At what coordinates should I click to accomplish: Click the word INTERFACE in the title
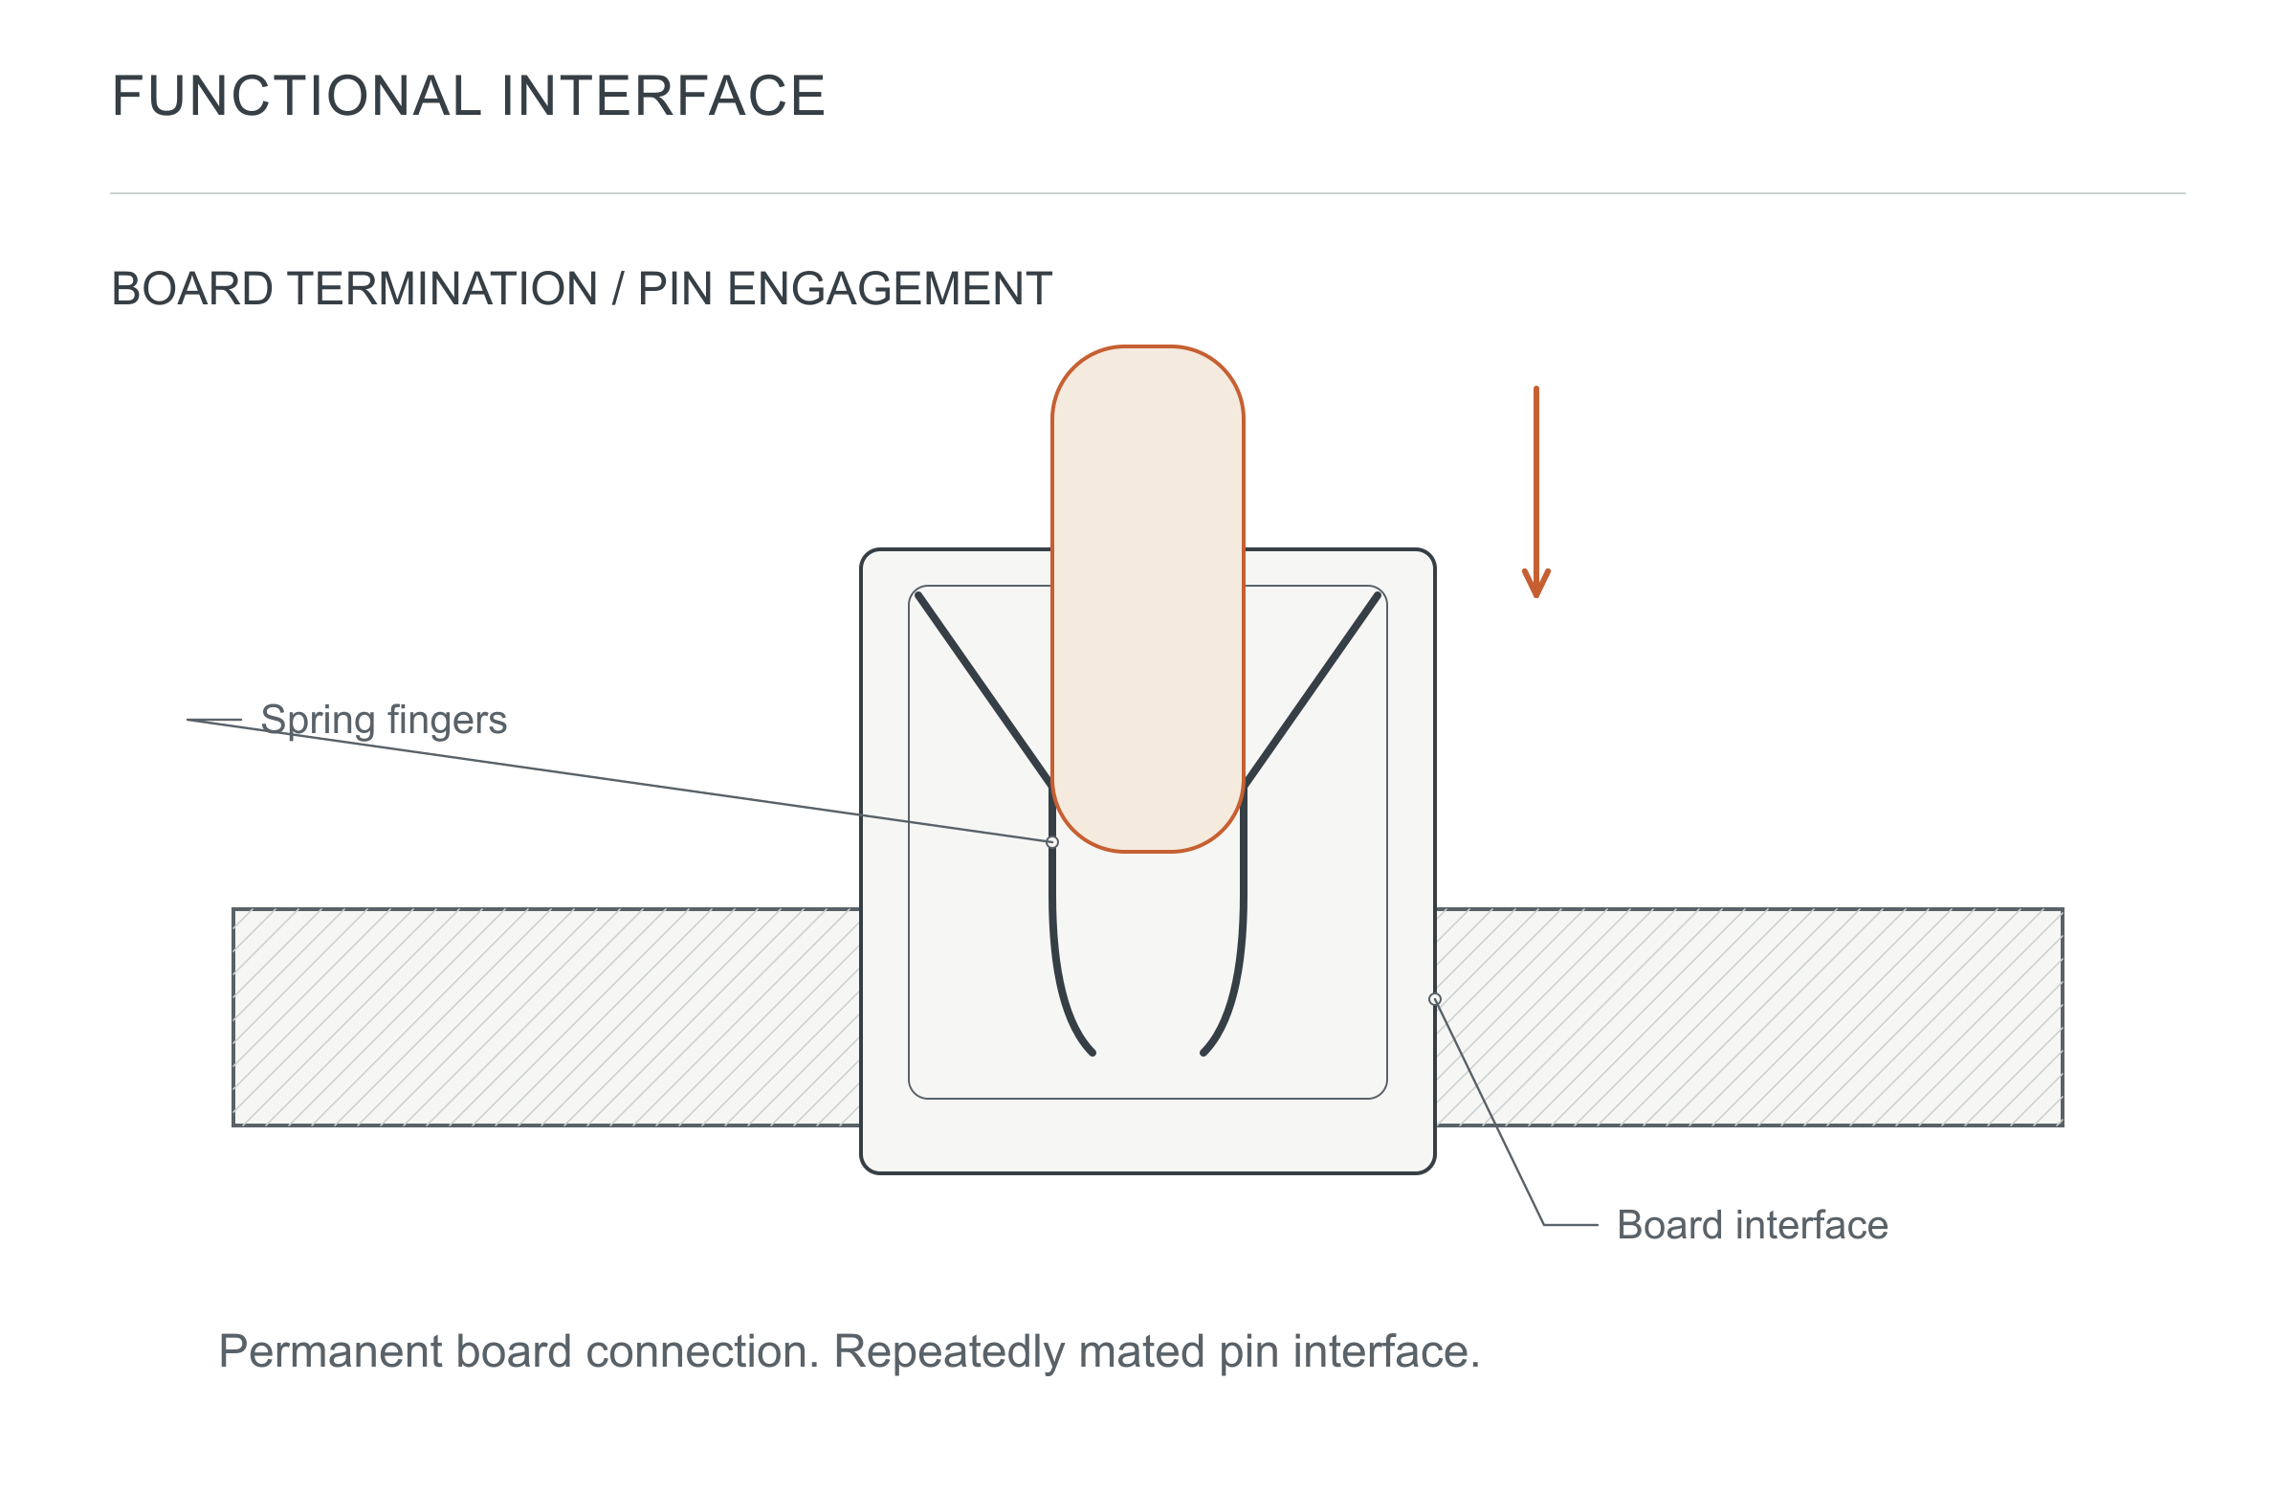(663, 96)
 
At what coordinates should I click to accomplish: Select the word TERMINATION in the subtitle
(442, 289)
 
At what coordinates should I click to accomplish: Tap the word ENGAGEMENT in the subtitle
(890, 289)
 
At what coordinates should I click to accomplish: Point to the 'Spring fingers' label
(384, 721)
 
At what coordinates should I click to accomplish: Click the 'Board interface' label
(1752, 1225)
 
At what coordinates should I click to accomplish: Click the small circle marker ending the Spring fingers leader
(1052, 842)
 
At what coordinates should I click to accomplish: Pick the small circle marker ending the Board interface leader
(1434, 999)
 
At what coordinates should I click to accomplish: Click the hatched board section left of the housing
(547, 1017)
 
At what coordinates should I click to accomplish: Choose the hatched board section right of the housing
(1749, 1017)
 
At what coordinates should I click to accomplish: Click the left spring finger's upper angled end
(918, 595)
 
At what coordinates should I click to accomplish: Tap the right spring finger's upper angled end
(1378, 595)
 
